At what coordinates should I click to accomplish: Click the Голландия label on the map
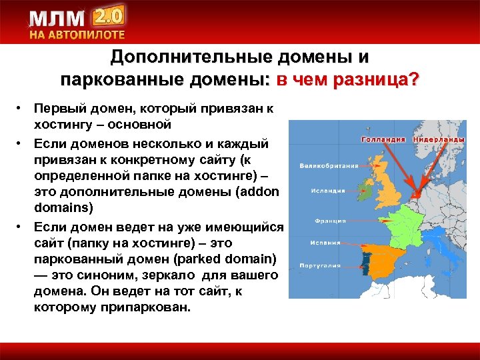(384, 140)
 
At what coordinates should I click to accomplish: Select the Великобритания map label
(329, 165)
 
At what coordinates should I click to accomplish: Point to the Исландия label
(327, 191)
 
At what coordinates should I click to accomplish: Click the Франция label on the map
(329, 220)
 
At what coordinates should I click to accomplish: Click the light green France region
(401, 223)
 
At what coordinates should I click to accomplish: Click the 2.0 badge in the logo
(108, 17)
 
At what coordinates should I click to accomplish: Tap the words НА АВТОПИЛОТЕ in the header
(77, 35)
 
